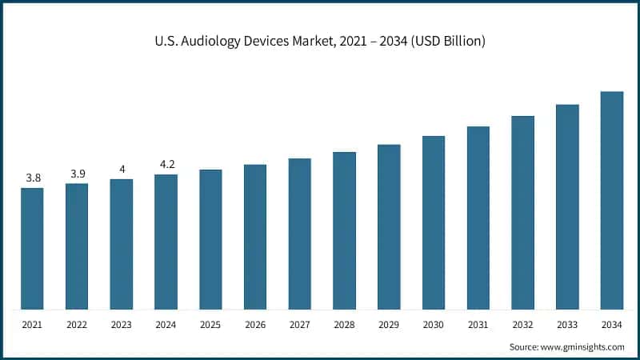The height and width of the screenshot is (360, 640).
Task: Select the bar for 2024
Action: [166, 242]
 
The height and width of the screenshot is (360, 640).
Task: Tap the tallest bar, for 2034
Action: [612, 200]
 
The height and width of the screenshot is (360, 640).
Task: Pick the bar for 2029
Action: [389, 226]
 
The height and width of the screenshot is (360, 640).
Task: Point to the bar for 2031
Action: [478, 218]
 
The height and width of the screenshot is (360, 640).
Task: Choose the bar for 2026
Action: [255, 237]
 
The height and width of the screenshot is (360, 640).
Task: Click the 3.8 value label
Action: [33, 178]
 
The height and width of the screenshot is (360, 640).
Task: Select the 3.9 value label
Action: [77, 174]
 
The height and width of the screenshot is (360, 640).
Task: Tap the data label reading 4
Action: [122, 169]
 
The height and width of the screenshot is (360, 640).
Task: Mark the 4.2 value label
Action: [166, 164]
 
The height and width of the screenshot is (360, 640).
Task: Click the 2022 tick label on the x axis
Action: [77, 325]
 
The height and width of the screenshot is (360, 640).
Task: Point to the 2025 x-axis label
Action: [210, 325]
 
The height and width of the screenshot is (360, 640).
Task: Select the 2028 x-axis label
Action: [344, 325]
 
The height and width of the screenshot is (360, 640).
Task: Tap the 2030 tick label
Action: [434, 325]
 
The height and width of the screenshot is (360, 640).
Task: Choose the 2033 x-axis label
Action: [567, 325]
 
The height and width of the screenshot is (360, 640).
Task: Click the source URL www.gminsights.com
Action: [585, 346]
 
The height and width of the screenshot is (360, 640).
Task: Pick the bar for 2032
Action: [523, 212]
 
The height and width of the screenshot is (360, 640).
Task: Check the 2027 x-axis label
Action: [299, 325]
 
